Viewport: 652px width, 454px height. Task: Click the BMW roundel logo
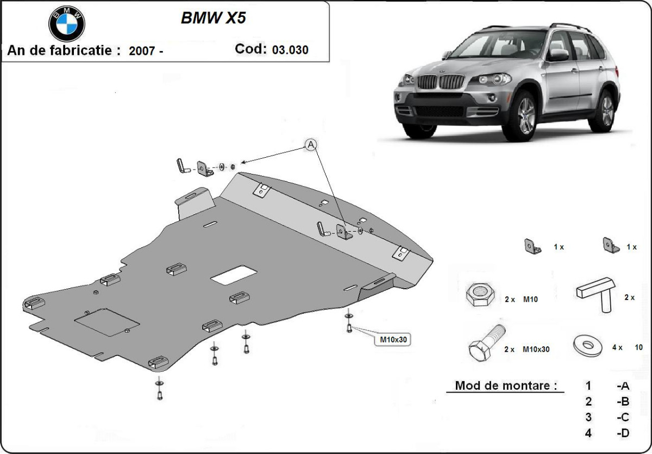tap(67, 23)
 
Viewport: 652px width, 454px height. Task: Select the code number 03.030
tap(290, 50)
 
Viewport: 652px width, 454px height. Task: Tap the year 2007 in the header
tap(141, 51)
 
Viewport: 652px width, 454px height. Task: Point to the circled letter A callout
tap(311, 144)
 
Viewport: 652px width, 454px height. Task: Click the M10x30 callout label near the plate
tap(393, 340)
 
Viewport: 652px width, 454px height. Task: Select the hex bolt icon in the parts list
tap(485, 346)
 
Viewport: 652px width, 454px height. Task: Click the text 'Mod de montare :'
tap(506, 386)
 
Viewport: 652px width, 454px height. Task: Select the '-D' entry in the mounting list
tap(623, 433)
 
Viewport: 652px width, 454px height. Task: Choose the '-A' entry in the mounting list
tap(623, 386)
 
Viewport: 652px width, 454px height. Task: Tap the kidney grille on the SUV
tap(439, 82)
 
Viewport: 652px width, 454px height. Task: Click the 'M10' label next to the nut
tap(530, 299)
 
